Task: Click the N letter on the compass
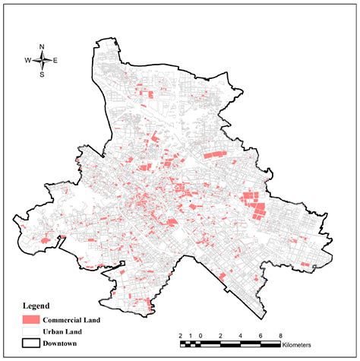click(x=43, y=46)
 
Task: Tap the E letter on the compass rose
click(x=55, y=60)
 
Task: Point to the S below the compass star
click(x=43, y=74)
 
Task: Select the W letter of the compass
click(x=28, y=60)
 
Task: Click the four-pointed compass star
click(x=43, y=59)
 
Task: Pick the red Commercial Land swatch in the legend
click(x=30, y=319)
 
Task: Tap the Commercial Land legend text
click(x=71, y=320)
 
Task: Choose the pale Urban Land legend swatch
click(x=30, y=331)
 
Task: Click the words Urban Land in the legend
click(x=62, y=331)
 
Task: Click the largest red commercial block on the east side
click(x=252, y=204)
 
